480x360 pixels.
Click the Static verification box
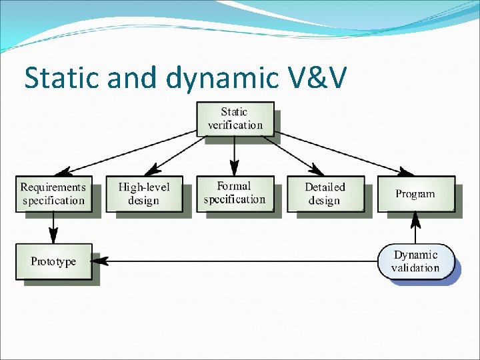coord(235,118)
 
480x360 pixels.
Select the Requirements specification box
coord(53,193)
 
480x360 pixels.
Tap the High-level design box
coord(143,193)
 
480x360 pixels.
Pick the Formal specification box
coord(235,193)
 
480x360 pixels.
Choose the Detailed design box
coord(325,193)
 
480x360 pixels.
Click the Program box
coord(415,193)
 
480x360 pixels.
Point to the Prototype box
coord(53,261)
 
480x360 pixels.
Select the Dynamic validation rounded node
coord(415,261)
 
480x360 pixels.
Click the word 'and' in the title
coord(129,78)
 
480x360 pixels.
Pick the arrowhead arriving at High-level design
coord(151,171)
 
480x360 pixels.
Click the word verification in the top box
coord(235,125)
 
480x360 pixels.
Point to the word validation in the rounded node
coord(415,268)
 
